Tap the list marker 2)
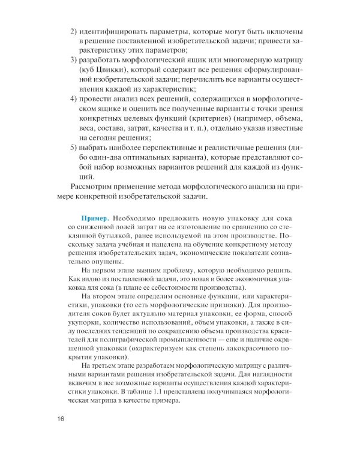[75, 31]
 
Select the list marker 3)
[75, 62]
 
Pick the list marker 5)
[75, 148]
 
